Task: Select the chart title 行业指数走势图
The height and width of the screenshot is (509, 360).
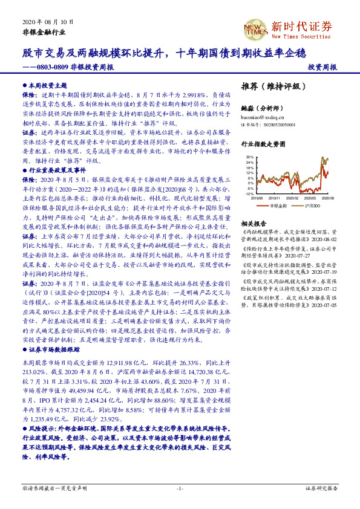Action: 262,145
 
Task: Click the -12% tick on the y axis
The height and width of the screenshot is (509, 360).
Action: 250,193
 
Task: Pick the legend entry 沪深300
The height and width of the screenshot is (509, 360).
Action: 312,206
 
